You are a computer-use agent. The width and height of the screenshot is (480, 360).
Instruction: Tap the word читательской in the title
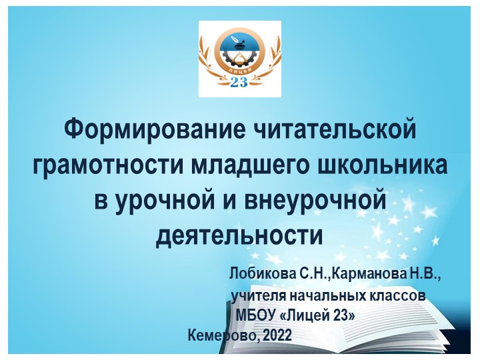(x=335, y=130)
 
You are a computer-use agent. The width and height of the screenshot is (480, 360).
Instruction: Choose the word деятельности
(x=239, y=236)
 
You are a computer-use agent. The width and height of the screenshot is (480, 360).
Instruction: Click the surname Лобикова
(x=262, y=274)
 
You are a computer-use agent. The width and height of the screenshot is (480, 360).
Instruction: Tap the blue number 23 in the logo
(x=239, y=82)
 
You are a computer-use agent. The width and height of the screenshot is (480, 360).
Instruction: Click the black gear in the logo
(x=239, y=57)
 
